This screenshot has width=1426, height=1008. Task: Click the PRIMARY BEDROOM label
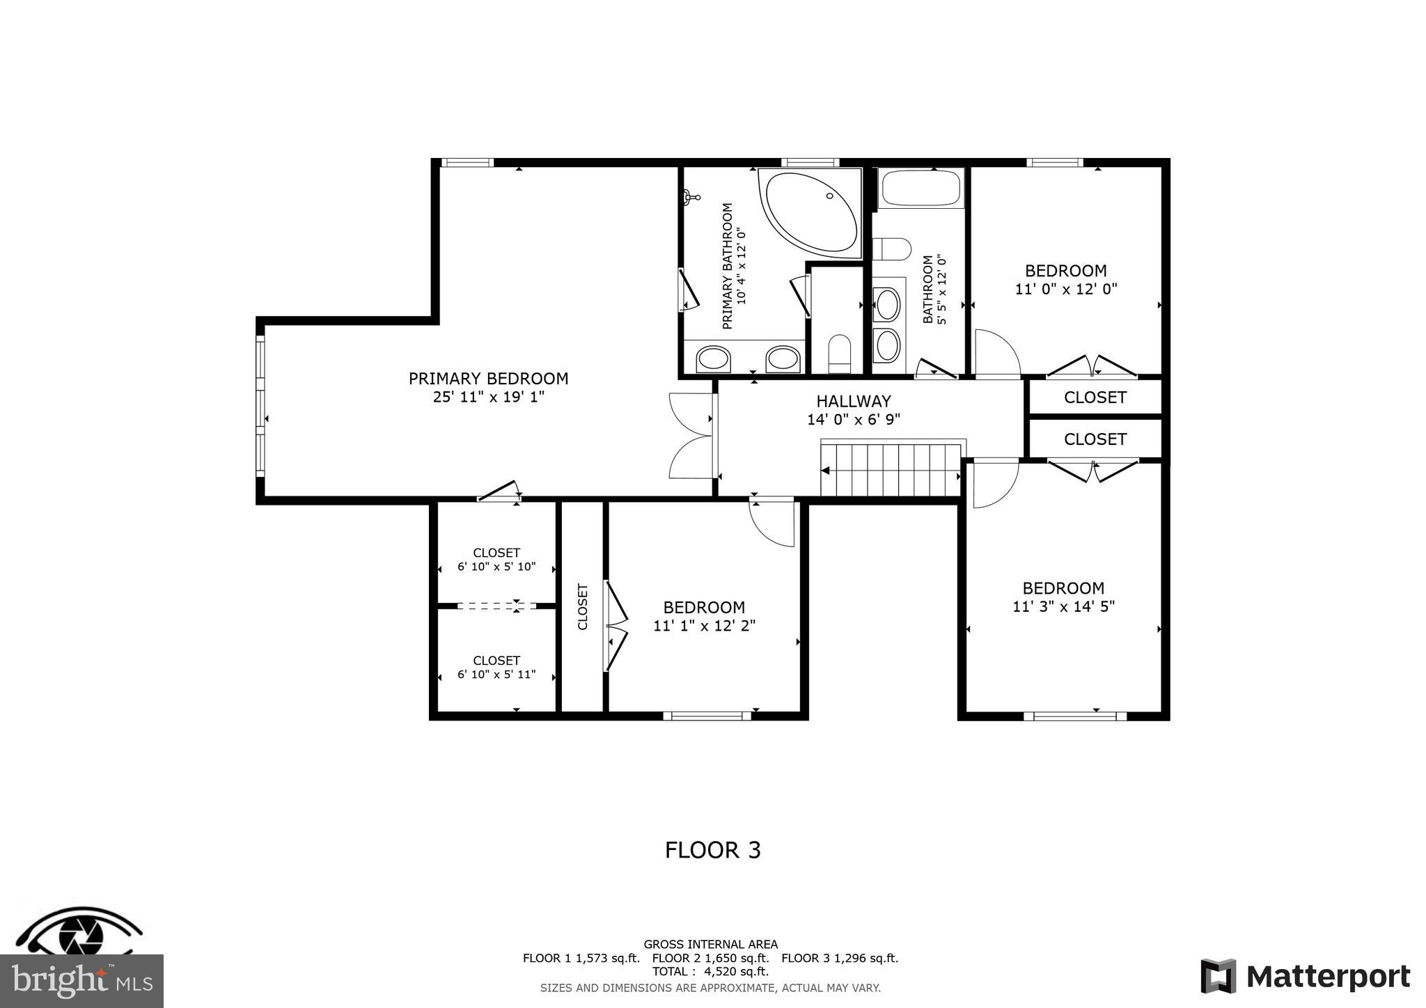coord(488,379)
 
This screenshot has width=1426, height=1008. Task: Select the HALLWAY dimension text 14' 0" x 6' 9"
coord(853,420)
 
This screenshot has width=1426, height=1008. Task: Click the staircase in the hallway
coord(891,470)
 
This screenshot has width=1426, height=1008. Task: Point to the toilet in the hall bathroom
coord(893,249)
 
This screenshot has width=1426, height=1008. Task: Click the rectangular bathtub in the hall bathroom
coord(920,187)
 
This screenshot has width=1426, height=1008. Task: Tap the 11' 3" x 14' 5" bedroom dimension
coord(1063,607)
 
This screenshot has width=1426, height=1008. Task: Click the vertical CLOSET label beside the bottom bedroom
coord(583,606)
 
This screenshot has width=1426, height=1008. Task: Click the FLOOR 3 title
coord(712,850)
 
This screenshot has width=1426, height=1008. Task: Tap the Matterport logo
coord(1305,977)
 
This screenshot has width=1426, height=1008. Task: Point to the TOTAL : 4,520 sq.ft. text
coord(710,972)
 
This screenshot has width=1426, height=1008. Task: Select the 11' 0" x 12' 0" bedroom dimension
coord(1065,289)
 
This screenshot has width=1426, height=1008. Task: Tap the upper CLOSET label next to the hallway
coord(1095,397)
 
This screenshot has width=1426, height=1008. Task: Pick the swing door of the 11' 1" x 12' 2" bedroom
coord(771,522)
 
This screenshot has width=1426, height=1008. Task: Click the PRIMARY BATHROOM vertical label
coord(728,265)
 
